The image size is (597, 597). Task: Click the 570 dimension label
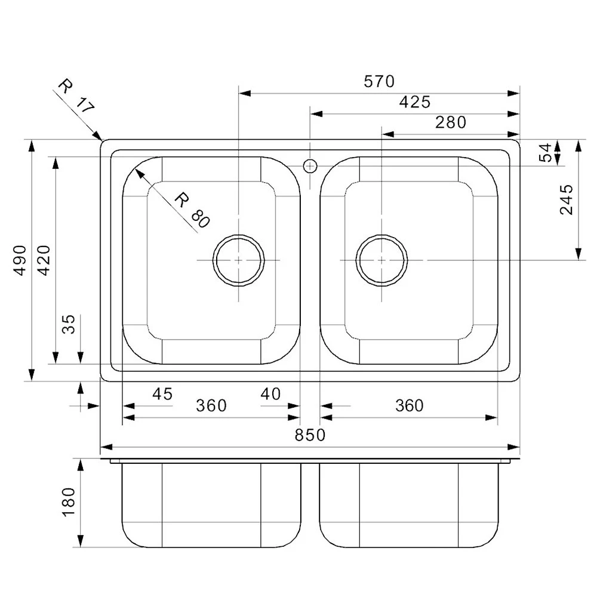(379, 81)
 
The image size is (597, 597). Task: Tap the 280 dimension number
(450, 122)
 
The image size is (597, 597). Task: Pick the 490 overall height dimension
(20, 260)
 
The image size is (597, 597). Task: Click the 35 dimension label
(69, 324)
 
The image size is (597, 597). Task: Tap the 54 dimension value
(545, 153)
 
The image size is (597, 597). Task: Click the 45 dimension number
(162, 394)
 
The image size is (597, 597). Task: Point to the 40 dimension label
(270, 394)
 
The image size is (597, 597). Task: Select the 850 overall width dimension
(310, 435)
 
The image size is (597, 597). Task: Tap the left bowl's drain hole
(238, 260)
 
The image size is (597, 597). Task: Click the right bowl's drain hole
(381, 260)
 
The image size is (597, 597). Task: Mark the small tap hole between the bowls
(310, 165)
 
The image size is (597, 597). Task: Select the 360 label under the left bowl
(211, 406)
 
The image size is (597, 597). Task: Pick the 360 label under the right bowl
(409, 406)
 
